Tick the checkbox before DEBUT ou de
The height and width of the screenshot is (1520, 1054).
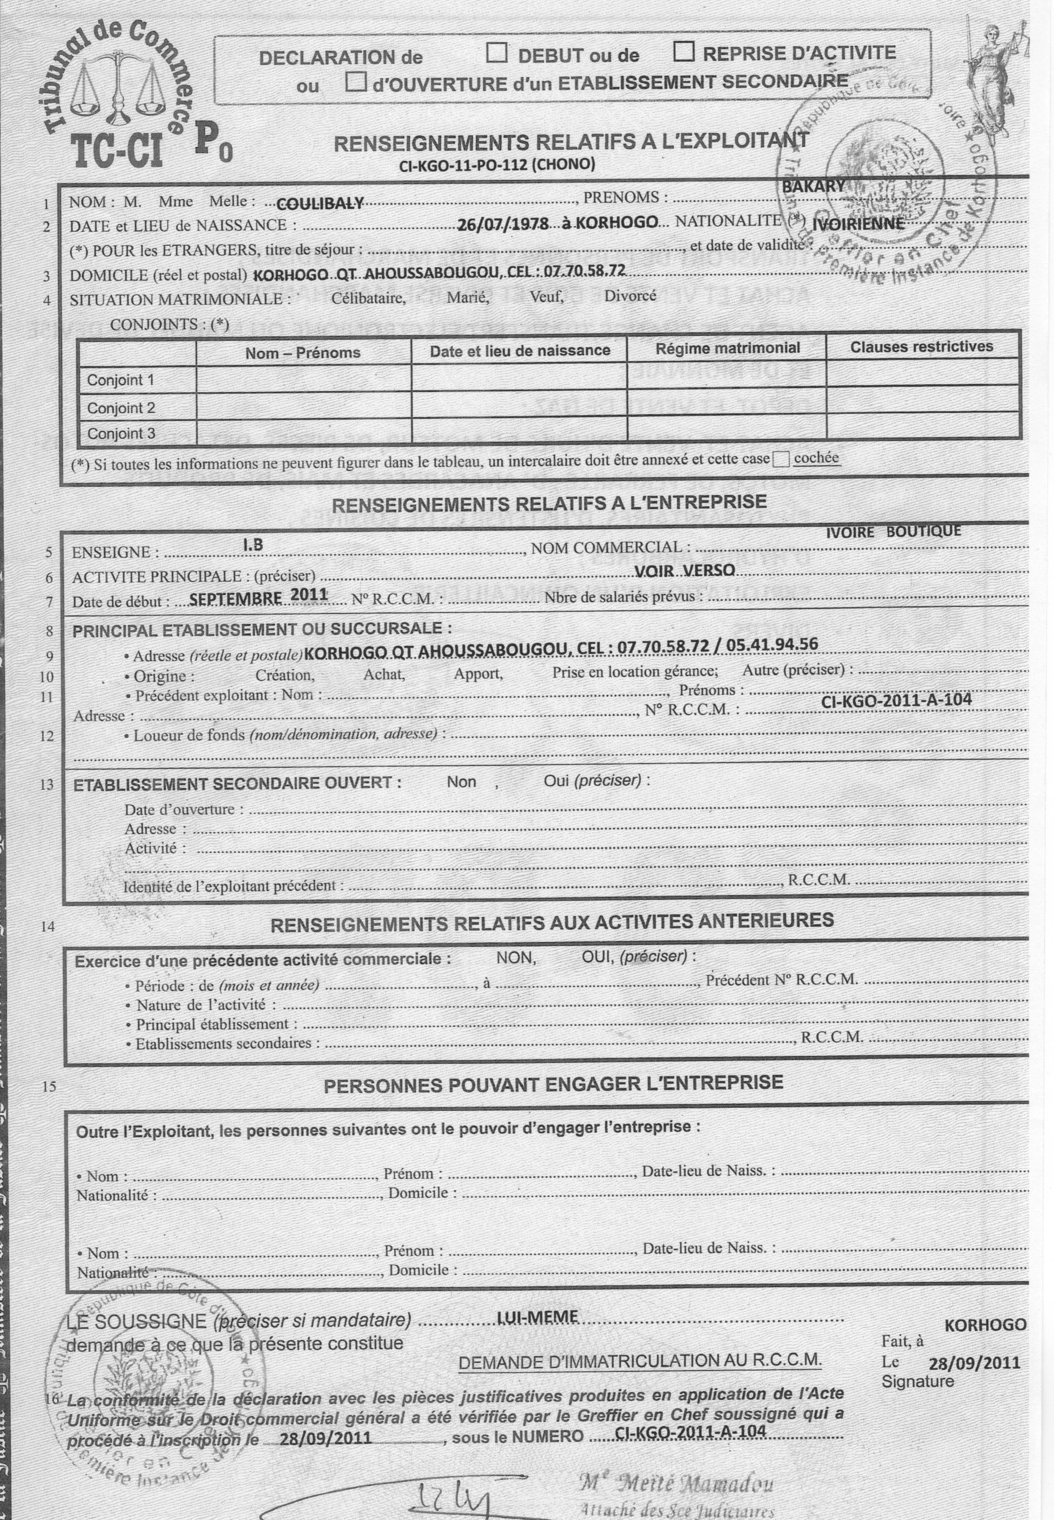pyautogui.click(x=497, y=53)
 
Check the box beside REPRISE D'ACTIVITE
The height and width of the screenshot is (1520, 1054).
pyautogui.click(x=683, y=52)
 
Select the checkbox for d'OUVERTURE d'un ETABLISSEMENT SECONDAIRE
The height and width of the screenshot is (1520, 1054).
pyautogui.click(x=357, y=82)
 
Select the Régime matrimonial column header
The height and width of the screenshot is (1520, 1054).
pyautogui.click(x=727, y=348)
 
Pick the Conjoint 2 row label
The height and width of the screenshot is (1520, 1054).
pyautogui.click(x=121, y=408)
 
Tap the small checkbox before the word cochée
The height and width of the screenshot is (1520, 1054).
pyautogui.click(x=781, y=460)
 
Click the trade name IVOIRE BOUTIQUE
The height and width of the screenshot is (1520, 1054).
pyautogui.click(x=894, y=531)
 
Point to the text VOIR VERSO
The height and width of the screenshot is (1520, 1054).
pyautogui.click(x=684, y=571)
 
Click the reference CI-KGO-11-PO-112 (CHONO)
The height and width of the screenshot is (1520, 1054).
pyautogui.click(x=497, y=165)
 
